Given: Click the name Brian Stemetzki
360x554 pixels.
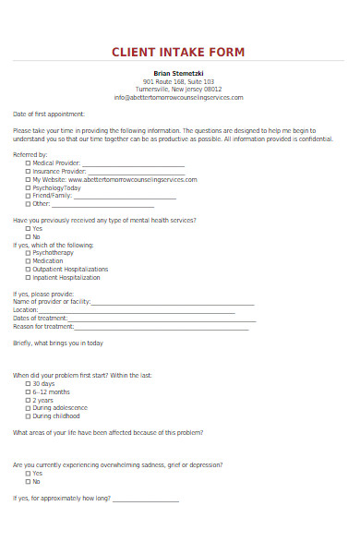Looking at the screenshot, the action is [x=179, y=72].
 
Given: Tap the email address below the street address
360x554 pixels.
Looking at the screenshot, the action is [x=179, y=97].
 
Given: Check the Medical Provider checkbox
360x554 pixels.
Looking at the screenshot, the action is [x=28, y=163].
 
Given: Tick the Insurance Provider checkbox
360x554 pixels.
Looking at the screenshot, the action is [x=28, y=171].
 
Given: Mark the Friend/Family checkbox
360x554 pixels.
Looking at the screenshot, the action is [x=28, y=196].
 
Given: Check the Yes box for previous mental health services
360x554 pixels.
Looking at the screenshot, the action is [x=28, y=228].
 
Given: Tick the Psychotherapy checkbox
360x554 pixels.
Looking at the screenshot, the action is [x=28, y=252].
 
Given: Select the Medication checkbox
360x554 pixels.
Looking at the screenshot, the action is [x=28, y=260].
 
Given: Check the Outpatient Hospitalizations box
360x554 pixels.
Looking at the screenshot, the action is [x=28, y=269].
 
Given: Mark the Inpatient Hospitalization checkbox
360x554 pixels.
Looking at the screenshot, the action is [x=28, y=277].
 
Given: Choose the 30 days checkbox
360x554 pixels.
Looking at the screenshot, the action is [x=28, y=383].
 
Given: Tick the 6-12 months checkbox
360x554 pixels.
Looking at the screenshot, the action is [x=28, y=391].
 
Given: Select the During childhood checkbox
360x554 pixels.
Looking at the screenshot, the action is [x=28, y=415].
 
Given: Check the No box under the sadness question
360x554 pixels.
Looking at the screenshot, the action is [x=28, y=481].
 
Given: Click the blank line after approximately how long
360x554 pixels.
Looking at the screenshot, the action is [x=146, y=500].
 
